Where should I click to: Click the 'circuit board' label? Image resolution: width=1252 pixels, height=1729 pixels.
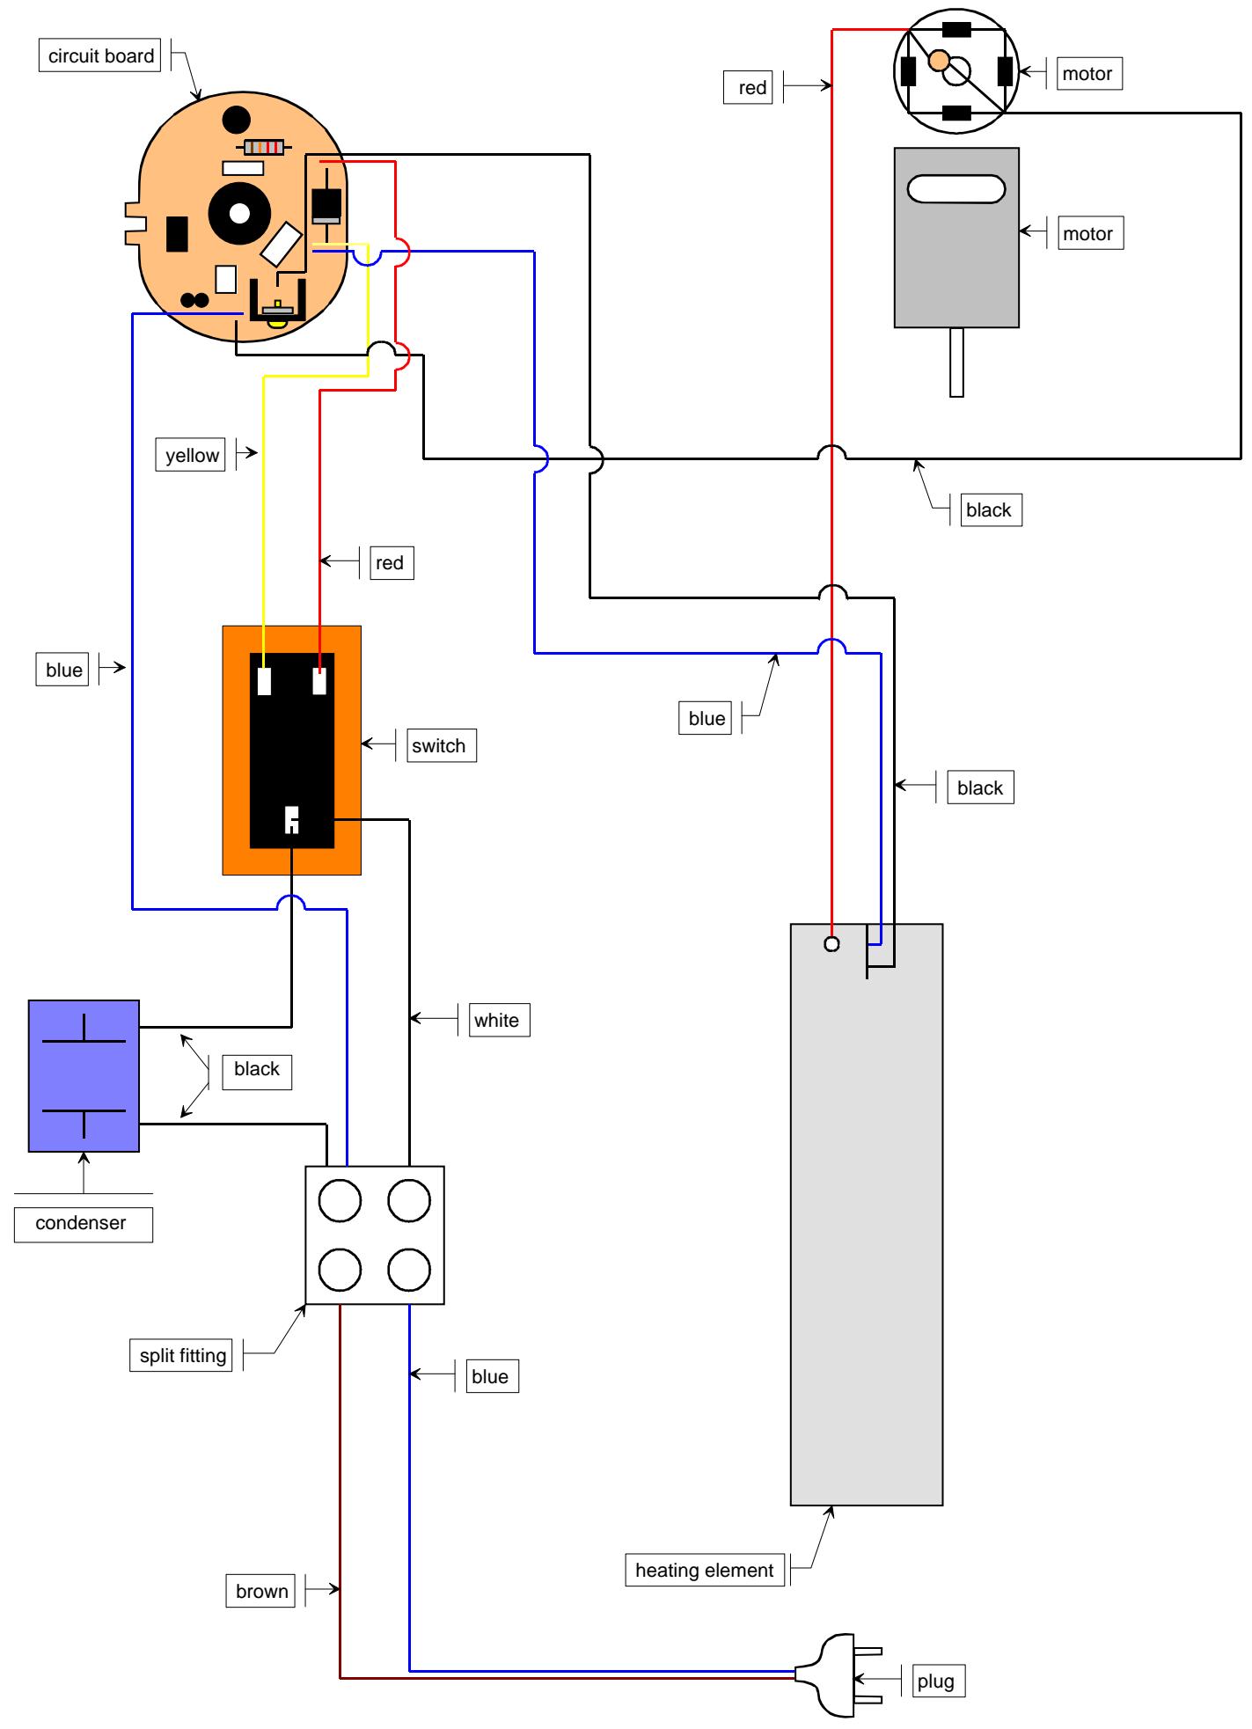tap(101, 56)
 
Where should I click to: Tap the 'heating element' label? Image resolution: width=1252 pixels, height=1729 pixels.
tap(705, 1570)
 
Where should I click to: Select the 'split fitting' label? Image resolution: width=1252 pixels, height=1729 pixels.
tap(183, 1355)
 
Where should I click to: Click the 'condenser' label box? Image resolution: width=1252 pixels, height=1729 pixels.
tap(84, 1223)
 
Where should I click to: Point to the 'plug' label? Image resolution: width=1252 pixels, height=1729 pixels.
tap(935, 1681)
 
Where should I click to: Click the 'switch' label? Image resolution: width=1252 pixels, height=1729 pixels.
tap(439, 746)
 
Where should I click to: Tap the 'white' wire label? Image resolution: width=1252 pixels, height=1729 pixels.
tap(497, 1020)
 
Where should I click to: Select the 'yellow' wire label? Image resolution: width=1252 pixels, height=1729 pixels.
tap(192, 455)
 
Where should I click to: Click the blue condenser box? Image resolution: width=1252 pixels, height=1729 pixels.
tap(84, 1075)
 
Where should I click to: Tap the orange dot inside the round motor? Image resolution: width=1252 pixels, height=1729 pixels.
tap(939, 60)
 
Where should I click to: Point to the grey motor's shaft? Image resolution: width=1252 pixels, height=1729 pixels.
tap(956, 362)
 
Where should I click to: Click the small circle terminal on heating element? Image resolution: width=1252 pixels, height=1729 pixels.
tap(831, 944)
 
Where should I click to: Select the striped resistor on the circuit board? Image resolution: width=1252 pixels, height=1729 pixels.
tap(264, 147)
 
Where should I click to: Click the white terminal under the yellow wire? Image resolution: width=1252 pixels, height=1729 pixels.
tap(264, 682)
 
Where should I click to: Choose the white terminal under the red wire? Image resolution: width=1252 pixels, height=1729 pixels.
tap(320, 682)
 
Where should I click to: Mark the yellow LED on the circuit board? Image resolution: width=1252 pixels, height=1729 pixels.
tap(278, 323)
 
